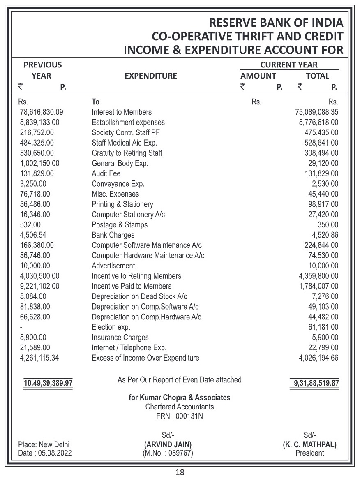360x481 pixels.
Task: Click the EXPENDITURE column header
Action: (x=150, y=76)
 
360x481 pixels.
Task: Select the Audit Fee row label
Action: (x=106, y=173)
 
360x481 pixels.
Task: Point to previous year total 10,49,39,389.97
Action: (x=48, y=384)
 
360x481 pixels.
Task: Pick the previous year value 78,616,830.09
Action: (x=42, y=112)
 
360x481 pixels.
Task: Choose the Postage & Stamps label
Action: (x=120, y=225)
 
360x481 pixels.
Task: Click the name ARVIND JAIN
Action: (x=168, y=445)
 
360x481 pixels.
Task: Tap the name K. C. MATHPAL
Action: (x=309, y=445)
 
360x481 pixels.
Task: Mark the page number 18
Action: (x=180, y=472)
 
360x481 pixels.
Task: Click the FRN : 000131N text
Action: (x=180, y=416)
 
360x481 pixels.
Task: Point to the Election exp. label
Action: (x=111, y=327)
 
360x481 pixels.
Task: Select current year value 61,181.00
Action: (x=323, y=327)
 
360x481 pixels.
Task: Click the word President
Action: (x=309, y=453)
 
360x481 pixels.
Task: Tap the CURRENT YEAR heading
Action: (x=289, y=65)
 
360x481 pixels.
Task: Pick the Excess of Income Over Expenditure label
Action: (x=145, y=358)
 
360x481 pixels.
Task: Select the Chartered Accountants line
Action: (x=180, y=407)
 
